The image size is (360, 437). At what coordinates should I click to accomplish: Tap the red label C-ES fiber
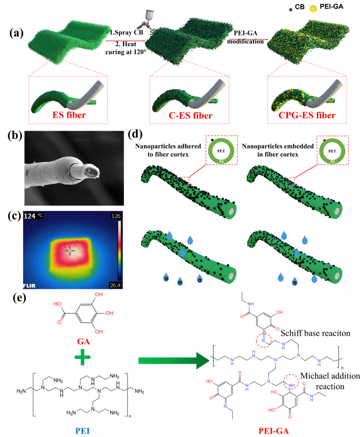click(189, 114)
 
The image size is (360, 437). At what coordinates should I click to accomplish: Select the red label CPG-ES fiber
click(307, 114)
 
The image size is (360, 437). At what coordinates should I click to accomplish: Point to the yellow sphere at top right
click(313, 8)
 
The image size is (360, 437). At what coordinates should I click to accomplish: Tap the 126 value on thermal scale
click(115, 216)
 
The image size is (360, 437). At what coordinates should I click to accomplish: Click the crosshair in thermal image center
click(70, 251)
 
